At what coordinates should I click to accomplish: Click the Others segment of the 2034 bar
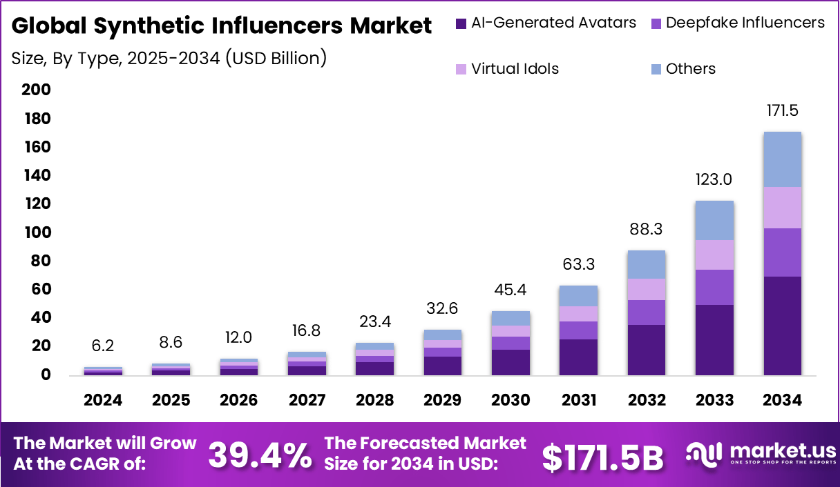782,159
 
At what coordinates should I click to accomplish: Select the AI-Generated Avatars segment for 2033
714,340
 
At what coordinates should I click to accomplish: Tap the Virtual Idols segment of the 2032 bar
647,289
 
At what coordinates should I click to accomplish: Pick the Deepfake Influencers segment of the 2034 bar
782,252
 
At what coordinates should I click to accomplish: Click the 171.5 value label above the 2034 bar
782,110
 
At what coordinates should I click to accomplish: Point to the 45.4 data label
510,290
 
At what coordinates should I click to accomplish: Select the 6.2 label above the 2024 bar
104,345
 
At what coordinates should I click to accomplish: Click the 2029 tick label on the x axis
443,400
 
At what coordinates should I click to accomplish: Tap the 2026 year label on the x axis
239,400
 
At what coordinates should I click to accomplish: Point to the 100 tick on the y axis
37,232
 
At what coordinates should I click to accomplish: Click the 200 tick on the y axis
37,90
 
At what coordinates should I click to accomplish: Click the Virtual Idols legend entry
515,69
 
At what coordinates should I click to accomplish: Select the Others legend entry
690,69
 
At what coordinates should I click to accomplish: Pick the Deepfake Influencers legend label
745,23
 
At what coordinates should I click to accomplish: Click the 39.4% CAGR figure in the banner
260,455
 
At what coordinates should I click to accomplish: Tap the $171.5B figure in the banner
602,457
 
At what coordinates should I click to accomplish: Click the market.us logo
761,454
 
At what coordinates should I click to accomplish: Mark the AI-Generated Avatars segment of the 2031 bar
578,357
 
